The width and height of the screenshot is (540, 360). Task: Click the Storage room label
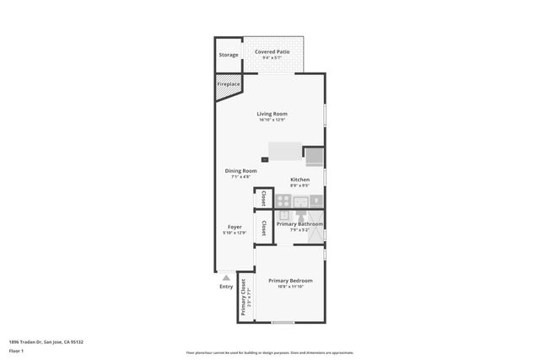[229, 55]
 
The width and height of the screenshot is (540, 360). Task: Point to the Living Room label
[273, 114]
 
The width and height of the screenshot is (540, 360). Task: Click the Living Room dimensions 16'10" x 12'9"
[273, 120]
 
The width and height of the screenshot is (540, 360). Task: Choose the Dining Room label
[240, 171]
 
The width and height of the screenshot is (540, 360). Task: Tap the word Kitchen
[300, 180]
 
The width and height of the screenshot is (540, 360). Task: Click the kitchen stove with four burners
[283, 201]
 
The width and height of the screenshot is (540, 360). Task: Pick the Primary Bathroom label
[300, 223]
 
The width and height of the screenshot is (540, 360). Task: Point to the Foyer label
[235, 227]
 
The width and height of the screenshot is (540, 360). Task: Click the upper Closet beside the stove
[263, 199]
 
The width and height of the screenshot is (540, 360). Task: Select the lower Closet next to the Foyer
[263, 228]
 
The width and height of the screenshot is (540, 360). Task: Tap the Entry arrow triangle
[225, 277]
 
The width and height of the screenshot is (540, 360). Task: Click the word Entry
[226, 287]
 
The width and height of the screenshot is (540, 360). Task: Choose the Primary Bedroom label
[290, 280]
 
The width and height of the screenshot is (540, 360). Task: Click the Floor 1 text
[16, 350]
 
